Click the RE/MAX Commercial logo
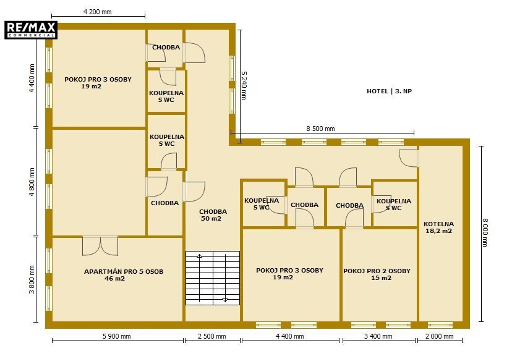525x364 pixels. coord(31,30)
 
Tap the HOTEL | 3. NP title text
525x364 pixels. coord(389,91)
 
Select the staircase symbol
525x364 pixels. coord(213,278)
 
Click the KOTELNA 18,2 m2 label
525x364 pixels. coord(438,227)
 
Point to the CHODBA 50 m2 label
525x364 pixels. coord(213,215)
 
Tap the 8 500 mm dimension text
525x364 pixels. coord(320,129)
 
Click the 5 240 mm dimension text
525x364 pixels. coord(244,85)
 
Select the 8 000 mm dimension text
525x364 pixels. coord(485,232)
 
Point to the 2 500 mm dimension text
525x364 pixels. coord(212,336)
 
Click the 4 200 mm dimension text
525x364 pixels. coord(98,12)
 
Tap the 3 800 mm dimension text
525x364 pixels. coord(32,279)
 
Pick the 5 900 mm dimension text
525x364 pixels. coord(116,336)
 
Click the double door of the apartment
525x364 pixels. coord(100,246)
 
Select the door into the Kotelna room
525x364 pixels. coord(409,158)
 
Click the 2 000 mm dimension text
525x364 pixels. coord(439,336)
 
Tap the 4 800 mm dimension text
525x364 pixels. coord(32,182)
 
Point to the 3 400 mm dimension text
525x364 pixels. coord(378,336)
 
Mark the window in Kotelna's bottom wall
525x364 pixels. coord(440,325)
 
